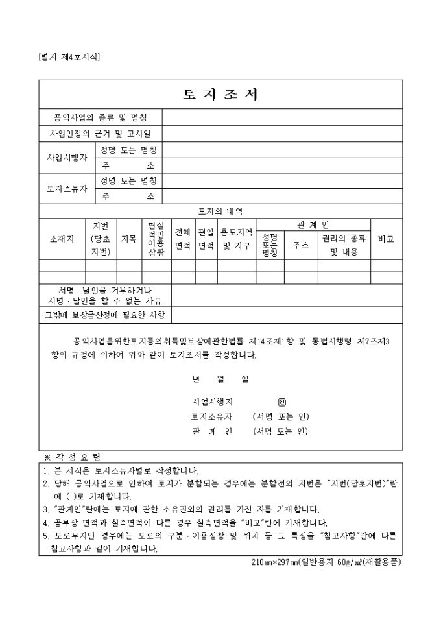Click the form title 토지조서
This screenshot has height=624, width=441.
click(x=220, y=95)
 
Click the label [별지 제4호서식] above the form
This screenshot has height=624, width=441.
click(x=69, y=57)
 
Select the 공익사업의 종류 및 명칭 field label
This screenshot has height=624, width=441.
click(x=101, y=117)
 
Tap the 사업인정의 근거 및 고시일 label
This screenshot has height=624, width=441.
click(x=101, y=134)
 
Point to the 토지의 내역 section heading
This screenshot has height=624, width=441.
click(x=220, y=211)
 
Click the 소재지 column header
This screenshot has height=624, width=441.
click(x=62, y=239)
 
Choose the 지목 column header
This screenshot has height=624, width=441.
click(x=129, y=239)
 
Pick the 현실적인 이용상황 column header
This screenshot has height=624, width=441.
click(x=156, y=239)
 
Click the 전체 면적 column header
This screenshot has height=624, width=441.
click(x=183, y=239)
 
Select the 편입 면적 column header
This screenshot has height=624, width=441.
click(x=206, y=239)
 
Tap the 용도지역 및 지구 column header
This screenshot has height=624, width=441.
click(x=236, y=239)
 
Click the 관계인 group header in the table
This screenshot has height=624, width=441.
click(x=313, y=224)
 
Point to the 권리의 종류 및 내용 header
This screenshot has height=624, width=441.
click(x=344, y=245)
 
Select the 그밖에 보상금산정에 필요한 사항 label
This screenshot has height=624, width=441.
click(x=104, y=315)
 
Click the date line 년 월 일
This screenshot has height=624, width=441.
click(x=220, y=379)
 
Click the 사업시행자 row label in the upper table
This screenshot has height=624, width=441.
click(x=67, y=158)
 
